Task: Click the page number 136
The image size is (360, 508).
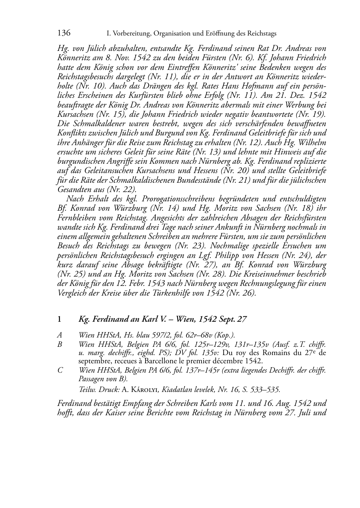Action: pos(64,33)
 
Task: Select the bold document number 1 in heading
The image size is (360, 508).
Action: pos(60,319)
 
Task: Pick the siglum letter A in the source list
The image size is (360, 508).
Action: pos(60,335)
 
